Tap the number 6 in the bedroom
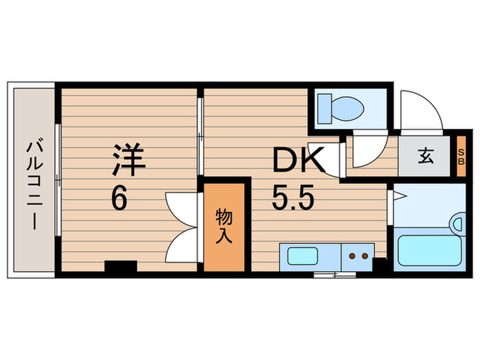[120, 200]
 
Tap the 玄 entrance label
[425, 157]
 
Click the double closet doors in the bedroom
[181, 226]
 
